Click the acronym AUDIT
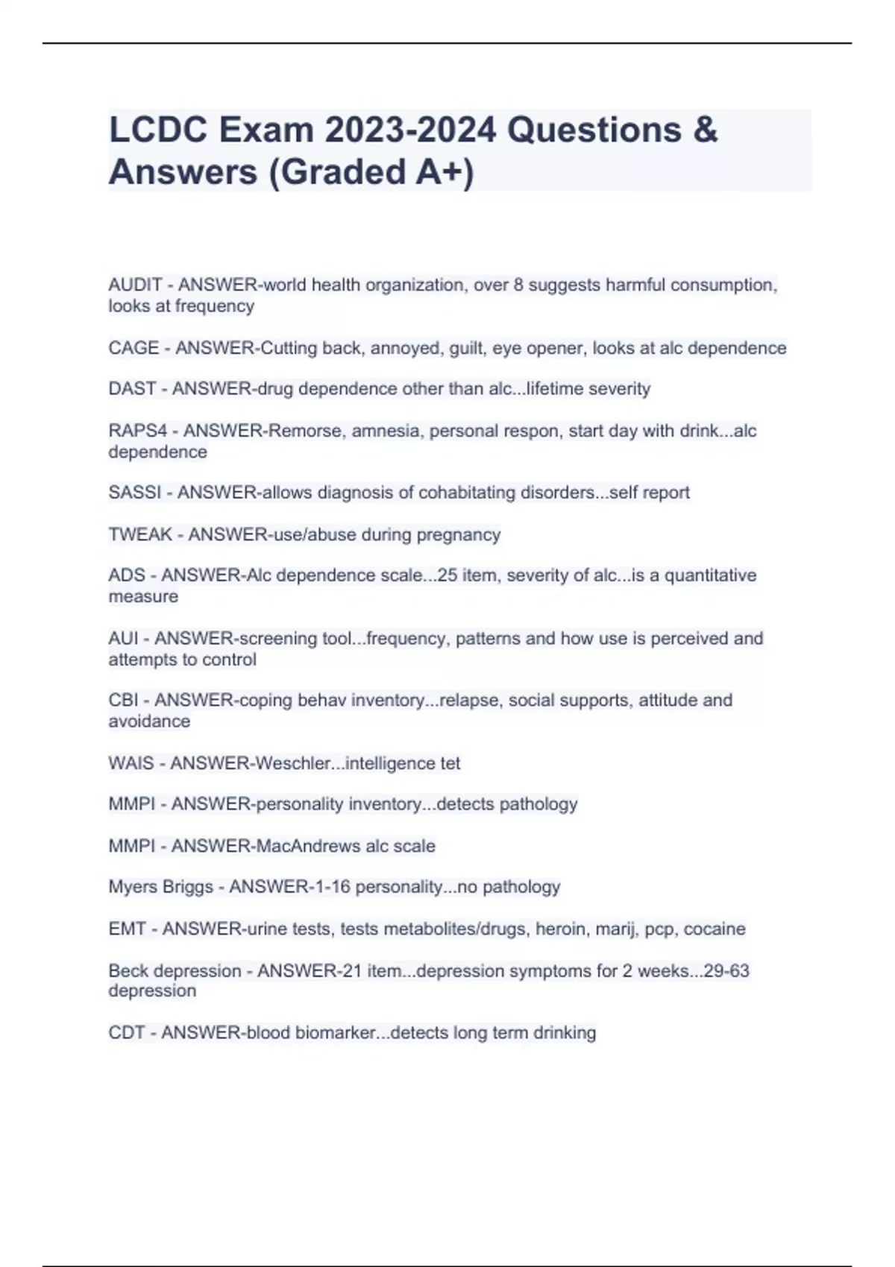pyautogui.click(x=135, y=285)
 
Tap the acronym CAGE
pyautogui.click(x=134, y=348)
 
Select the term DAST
pyautogui.click(x=132, y=389)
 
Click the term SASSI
pyautogui.click(x=134, y=493)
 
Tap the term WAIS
pyautogui.click(x=131, y=763)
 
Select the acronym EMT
pyautogui.click(x=128, y=929)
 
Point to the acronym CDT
pyautogui.click(x=127, y=1033)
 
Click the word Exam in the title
pyautogui.click(x=266, y=130)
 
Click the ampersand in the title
pyautogui.click(x=705, y=130)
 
